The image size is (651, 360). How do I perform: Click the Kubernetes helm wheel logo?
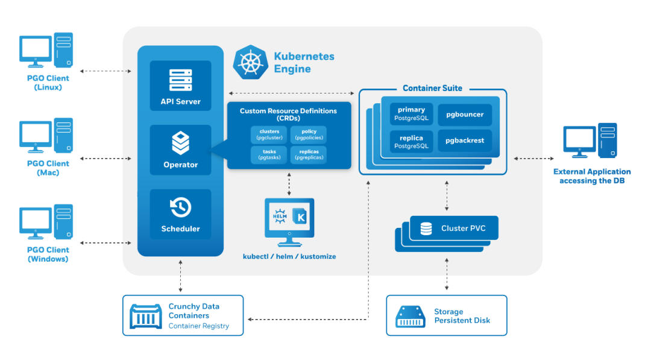tap(250, 62)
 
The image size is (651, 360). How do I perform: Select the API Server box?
tap(180, 86)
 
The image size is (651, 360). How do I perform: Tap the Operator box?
tap(180, 150)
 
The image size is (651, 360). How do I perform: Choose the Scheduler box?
tap(180, 214)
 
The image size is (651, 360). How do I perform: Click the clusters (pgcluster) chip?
tap(269, 134)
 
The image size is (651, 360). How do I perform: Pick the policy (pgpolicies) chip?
tap(308, 134)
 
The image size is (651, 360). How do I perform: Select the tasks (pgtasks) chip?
tap(269, 154)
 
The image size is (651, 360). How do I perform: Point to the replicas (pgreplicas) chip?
tap(308, 154)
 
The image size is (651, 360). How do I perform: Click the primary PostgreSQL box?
tap(411, 113)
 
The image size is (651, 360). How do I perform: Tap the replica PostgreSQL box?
tap(411, 142)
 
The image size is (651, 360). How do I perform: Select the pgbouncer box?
tap(465, 114)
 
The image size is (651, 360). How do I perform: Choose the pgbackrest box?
tap(465, 141)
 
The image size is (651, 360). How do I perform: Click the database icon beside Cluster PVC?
tap(426, 229)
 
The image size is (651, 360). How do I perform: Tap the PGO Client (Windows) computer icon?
tap(46, 222)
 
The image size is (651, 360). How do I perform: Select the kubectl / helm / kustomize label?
tap(289, 256)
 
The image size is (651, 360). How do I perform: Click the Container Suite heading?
tap(432, 88)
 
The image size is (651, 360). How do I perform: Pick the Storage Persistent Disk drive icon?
tap(410, 316)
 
